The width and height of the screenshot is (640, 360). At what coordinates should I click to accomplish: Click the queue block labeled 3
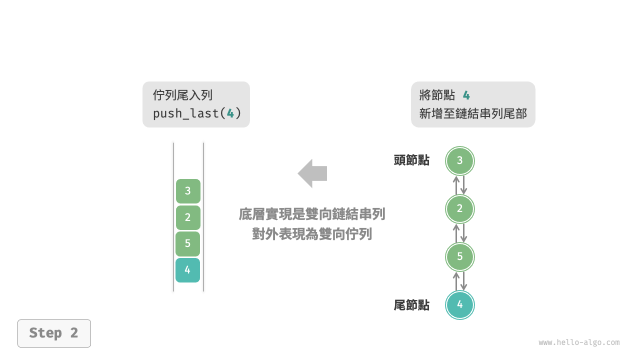pyautogui.click(x=188, y=191)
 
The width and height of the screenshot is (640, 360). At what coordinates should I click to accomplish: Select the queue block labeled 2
pyautogui.click(x=188, y=217)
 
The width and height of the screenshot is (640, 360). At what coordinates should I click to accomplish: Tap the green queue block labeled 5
pyautogui.click(x=187, y=244)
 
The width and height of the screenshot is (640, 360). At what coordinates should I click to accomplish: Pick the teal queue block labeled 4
pyautogui.click(x=187, y=270)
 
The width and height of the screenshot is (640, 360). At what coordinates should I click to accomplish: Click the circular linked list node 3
pyautogui.click(x=459, y=161)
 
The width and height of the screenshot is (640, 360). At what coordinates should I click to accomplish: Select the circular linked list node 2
pyautogui.click(x=459, y=209)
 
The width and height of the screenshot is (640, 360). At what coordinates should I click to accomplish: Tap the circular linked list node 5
pyautogui.click(x=459, y=257)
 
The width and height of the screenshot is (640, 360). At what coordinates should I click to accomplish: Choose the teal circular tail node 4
pyautogui.click(x=459, y=305)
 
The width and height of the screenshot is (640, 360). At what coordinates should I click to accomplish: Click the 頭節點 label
pyautogui.click(x=411, y=160)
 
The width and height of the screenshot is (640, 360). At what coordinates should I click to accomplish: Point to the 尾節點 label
pyautogui.click(x=411, y=305)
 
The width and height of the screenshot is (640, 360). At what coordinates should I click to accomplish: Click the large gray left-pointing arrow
pyautogui.click(x=312, y=173)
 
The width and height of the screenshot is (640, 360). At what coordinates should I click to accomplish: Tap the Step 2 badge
pyautogui.click(x=54, y=333)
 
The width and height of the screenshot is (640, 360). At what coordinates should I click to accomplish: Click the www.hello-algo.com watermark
pyautogui.click(x=579, y=342)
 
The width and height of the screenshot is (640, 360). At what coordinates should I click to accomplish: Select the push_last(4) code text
pyautogui.click(x=197, y=113)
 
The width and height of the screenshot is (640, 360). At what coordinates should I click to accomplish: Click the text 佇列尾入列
pyautogui.click(x=183, y=95)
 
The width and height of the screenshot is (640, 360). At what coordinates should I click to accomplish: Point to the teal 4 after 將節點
pyautogui.click(x=466, y=95)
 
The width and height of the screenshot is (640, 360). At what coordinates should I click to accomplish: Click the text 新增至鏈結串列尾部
pyautogui.click(x=473, y=113)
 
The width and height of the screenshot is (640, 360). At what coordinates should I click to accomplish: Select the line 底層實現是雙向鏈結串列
pyautogui.click(x=312, y=214)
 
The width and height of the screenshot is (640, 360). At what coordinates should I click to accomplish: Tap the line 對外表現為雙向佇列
pyautogui.click(x=312, y=233)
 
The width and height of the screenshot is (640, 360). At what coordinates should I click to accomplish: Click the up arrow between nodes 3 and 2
pyautogui.click(x=456, y=185)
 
